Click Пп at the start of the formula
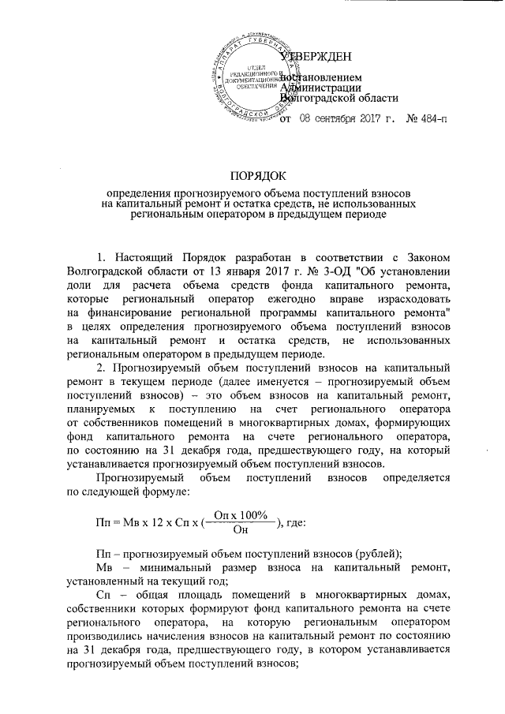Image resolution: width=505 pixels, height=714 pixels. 103,521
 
